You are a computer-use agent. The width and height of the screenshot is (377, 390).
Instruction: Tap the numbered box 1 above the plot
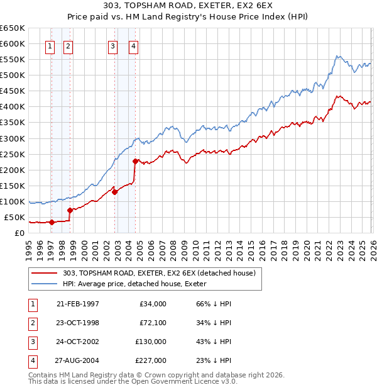[50, 45]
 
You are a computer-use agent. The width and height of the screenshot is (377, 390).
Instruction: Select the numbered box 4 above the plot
[134, 45]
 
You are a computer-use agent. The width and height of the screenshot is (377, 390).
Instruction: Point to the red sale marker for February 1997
[52, 221]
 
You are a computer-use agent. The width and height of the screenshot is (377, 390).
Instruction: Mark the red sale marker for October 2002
[115, 192]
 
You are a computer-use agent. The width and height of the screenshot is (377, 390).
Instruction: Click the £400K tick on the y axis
[12, 106]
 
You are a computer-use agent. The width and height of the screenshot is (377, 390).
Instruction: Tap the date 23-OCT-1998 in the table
[77, 323]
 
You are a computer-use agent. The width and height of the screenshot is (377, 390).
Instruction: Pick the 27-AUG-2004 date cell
[77, 360]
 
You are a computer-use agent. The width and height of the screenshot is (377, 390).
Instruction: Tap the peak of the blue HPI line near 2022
[337, 57]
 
